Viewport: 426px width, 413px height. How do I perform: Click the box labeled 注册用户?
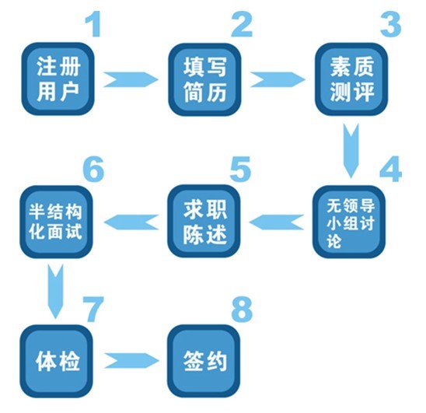[58, 79]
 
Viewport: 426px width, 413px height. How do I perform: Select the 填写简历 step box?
[204, 79]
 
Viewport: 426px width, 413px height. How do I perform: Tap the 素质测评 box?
[351, 79]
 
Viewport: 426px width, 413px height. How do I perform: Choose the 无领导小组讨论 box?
[349, 222]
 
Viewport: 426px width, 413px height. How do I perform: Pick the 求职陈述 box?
[204, 221]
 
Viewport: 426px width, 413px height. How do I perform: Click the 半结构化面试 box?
[57, 222]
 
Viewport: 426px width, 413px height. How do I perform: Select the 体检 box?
[57, 361]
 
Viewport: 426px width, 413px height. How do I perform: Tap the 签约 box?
[204, 361]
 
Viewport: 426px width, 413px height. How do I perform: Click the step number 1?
[94, 25]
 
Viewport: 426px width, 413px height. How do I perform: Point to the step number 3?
[391, 25]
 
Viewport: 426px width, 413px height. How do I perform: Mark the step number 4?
[391, 169]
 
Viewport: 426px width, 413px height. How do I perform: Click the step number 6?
[93, 169]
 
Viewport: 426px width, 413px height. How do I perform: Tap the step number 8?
[242, 309]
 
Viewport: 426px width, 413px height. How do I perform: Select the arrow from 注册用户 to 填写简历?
[131, 79]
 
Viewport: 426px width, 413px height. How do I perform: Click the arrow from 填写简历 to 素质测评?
[278, 79]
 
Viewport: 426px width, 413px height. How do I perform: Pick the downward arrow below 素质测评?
[351, 151]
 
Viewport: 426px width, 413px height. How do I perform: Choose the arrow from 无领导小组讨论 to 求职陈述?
[276, 222]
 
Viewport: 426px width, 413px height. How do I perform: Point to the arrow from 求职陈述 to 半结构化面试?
[131, 222]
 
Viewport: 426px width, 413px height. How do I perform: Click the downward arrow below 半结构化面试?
[56, 292]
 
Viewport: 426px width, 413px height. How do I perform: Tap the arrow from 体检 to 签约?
[131, 361]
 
